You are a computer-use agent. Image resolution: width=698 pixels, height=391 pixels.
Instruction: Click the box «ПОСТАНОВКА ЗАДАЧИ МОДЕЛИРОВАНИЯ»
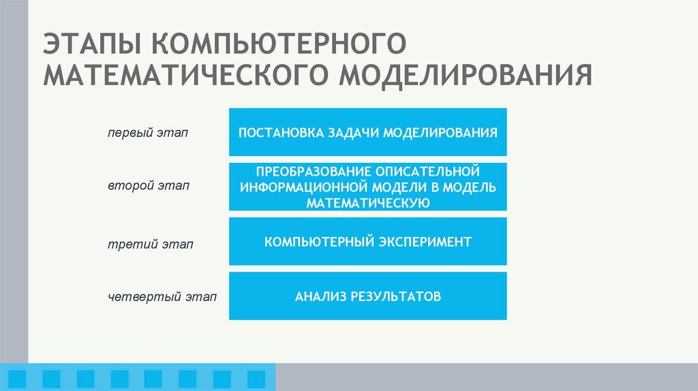pos(367,131)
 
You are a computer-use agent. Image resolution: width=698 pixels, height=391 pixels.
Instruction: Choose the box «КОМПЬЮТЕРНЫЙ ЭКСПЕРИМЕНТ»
pos(367,242)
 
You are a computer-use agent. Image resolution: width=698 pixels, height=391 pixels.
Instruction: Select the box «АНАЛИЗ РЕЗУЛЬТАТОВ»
pos(367,296)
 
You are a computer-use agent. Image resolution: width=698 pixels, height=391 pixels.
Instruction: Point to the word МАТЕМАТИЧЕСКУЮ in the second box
pos(367,202)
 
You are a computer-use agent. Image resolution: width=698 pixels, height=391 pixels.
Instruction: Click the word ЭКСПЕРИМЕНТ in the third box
pos(425,242)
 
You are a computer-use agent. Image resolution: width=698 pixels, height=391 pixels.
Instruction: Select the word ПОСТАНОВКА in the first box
pos(275,131)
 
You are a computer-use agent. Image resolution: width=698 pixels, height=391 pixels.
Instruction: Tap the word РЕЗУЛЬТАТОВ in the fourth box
pos(397,296)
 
